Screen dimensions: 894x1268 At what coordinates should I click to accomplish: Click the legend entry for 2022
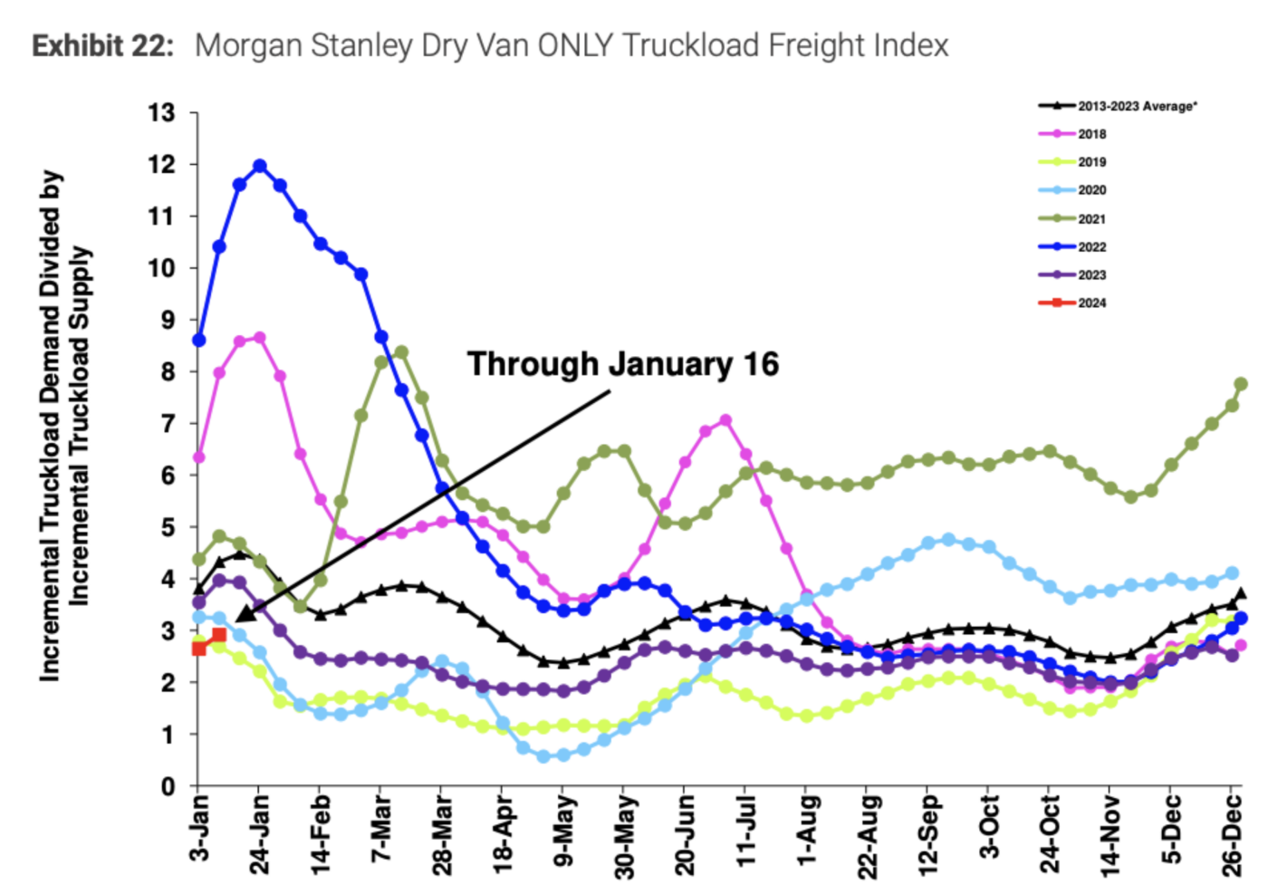(x=1091, y=246)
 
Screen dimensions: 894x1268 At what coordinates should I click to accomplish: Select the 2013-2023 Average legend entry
(x=1137, y=106)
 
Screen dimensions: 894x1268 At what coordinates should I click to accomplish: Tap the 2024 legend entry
(x=1091, y=303)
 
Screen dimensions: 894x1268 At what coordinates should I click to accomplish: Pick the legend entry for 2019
(x=1091, y=162)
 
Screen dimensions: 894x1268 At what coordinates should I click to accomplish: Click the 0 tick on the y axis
(x=167, y=786)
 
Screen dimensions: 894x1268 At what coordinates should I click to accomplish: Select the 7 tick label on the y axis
(x=167, y=424)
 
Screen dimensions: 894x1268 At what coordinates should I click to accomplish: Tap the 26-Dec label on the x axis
(x=1232, y=832)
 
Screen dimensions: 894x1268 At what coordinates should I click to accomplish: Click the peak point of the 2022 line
(x=260, y=166)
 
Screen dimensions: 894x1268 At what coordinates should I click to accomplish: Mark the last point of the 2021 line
(x=1240, y=384)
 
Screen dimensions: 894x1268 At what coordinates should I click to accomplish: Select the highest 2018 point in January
(x=260, y=338)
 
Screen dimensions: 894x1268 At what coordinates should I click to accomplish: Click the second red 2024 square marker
(x=218, y=635)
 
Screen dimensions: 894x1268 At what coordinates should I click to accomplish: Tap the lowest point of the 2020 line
(x=543, y=756)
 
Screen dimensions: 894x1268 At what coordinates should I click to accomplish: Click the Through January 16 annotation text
(x=622, y=364)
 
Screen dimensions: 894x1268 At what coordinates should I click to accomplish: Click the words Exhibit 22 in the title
(x=102, y=45)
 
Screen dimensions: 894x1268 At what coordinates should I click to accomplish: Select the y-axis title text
(x=64, y=426)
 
